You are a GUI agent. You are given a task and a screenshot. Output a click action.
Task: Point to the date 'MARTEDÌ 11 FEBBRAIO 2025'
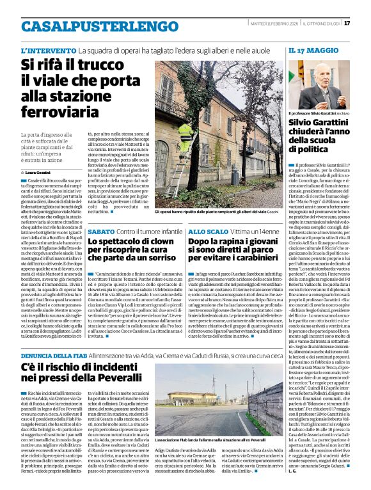pyautogui.click(x=272, y=23)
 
